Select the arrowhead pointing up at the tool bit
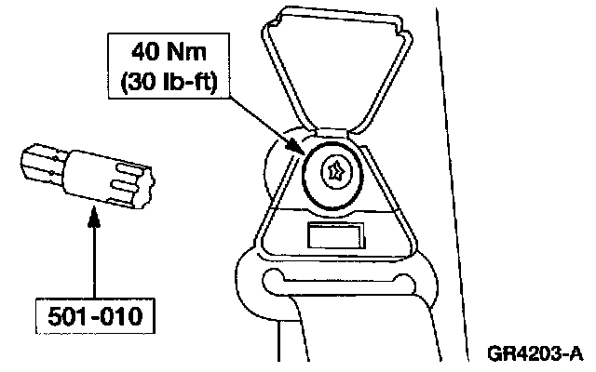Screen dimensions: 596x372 point(93,220)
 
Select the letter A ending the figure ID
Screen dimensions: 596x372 point(577,353)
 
